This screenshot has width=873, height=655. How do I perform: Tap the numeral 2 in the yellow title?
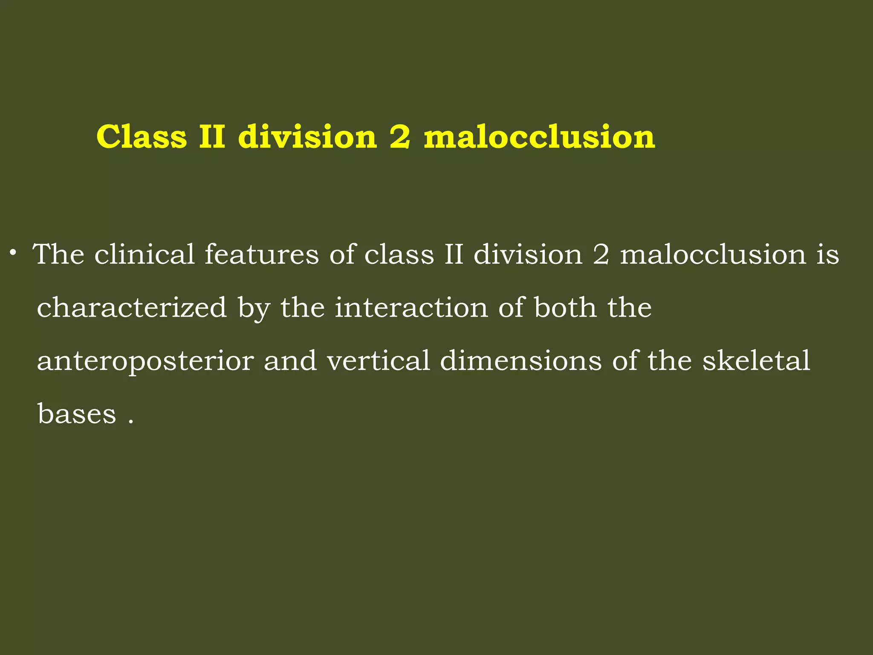[400, 137]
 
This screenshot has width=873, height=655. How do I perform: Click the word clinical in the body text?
[145, 255]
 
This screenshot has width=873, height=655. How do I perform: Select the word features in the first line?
[262, 255]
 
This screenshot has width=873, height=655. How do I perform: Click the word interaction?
[411, 307]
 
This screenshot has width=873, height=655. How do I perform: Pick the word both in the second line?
[565, 307]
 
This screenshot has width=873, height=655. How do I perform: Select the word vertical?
[378, 361]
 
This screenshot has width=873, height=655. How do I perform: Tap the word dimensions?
[520, 361]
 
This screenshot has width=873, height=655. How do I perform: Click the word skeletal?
[756, 361]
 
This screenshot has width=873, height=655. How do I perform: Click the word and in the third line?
[290, 361]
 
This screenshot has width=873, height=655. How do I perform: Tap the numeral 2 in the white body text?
[601, 255]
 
